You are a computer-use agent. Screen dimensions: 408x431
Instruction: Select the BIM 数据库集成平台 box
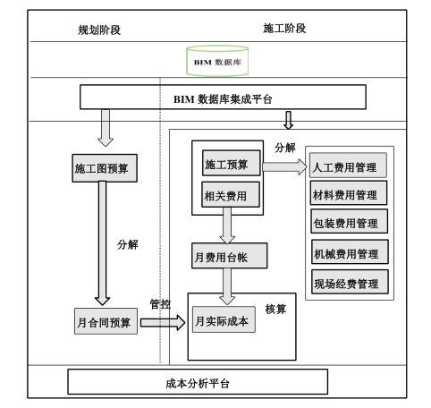pyautogui.click(x=224, y=98)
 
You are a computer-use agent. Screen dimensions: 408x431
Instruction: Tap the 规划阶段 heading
pyautogui.click(x=99, y=30)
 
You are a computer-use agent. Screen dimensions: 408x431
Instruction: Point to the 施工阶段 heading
pyautogui.click(x=285, y=28)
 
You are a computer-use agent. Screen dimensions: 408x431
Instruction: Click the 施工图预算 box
pyautogui.click(x=104, y=166)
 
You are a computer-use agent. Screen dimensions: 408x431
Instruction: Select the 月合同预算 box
pyautogui.click(x=106, y=320)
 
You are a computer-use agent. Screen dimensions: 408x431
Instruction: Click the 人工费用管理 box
pyautogui.click(x=349, y=166)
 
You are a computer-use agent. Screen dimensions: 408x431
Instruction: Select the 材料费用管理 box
pyautogui.click(x=349, y=193)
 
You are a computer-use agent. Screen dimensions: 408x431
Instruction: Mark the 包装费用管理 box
pyautogui.click(x=349, y=222)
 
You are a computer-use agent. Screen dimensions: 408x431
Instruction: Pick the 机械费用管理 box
pyautogui.click(x=349, y=254)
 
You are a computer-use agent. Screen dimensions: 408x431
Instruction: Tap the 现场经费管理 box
pyautogui.click(x=349, y=284)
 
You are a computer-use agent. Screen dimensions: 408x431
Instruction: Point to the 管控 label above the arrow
pyautogui.click(x=160, y=304)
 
